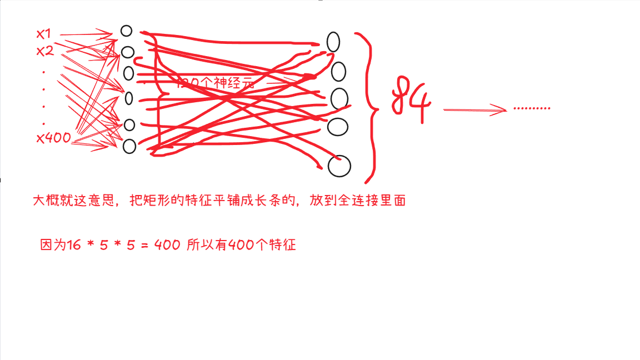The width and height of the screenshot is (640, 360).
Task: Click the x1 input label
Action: (x=43, y=34)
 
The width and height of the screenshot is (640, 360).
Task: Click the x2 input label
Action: (x=44, y=51)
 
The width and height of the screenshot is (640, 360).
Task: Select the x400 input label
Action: (x=53, y=138)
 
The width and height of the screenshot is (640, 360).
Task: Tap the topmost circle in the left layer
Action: (x=127, y=31)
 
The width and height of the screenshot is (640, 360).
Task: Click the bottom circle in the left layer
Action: (x=129, y=146)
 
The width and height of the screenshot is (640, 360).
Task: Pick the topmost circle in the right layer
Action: (x=333, y=42)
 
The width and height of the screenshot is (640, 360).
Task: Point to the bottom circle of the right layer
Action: (x=339, y=166)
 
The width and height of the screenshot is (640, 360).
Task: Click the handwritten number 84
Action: (x=411, y=101)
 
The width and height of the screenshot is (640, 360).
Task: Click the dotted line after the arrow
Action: (x=532, y=108)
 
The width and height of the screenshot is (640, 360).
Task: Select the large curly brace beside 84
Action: (x=372, y=108)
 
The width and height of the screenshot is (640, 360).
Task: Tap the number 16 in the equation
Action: (x=73, y=245)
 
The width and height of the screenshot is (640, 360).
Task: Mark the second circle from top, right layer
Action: (x=338, y=72)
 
